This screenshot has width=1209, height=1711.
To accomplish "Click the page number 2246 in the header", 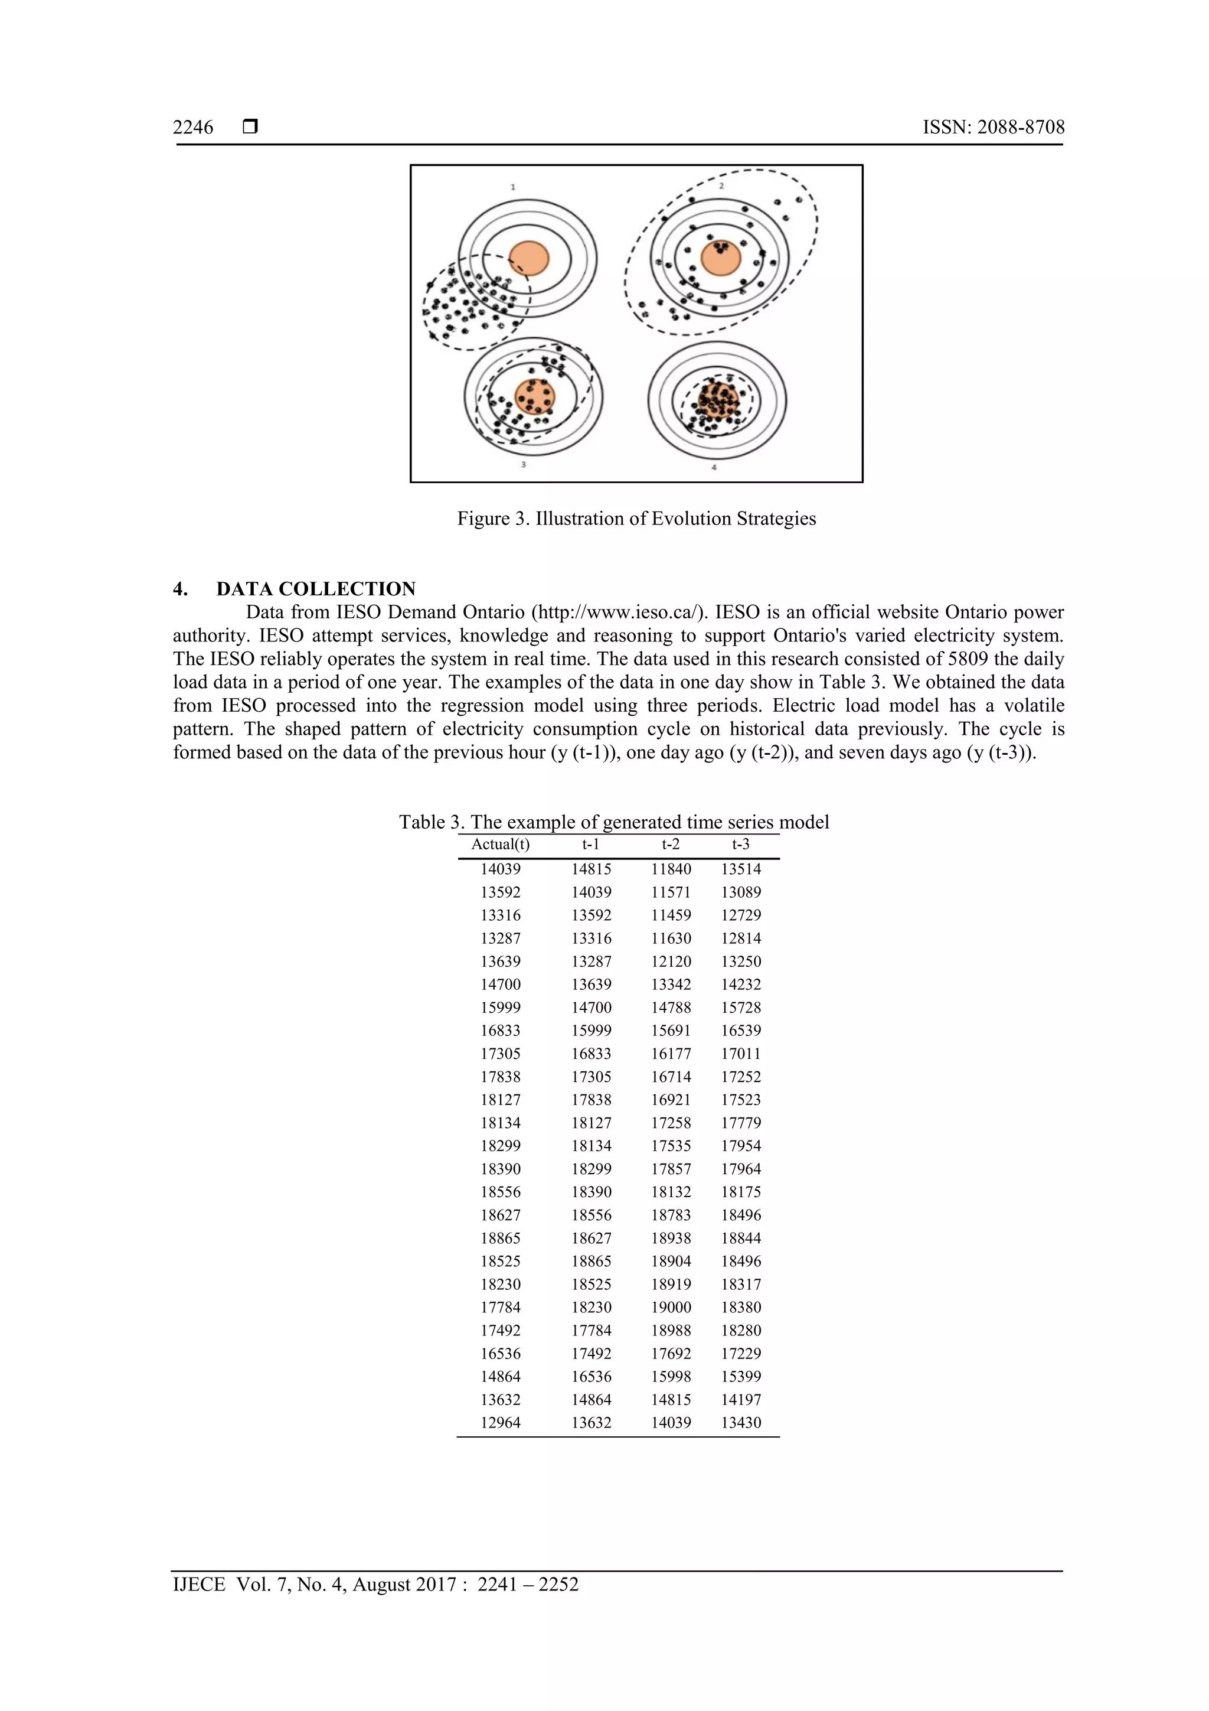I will click(x=193, y=128).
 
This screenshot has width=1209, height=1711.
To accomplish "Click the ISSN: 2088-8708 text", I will click(x=993, y=128).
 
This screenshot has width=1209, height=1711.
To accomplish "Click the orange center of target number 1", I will click(x=529, y=259).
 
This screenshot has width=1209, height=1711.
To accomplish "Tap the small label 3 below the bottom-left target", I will click(x=524, y=464).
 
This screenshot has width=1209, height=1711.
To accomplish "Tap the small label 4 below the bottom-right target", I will click(x=714, y=467).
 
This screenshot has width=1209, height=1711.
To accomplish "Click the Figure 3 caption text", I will click(x=636, y=519).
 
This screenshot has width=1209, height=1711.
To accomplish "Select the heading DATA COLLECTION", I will click(x=316, y=589).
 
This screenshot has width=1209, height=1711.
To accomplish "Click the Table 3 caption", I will click(x=614, y=822).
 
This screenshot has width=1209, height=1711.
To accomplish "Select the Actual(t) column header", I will click(x=501, y=845).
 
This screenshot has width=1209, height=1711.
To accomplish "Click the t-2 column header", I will click(x=671, y=845).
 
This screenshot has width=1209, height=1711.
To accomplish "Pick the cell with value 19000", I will click(x=671, y=1307).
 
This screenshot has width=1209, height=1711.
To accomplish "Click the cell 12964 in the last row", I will click(x=501, y=1423).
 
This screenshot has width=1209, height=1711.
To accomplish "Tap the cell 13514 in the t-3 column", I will click(x=740, y=869).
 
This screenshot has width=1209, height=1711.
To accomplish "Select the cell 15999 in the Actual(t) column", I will click(x=501, y=1008).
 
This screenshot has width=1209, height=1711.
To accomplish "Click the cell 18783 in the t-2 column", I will click(x=671, y=1215).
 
